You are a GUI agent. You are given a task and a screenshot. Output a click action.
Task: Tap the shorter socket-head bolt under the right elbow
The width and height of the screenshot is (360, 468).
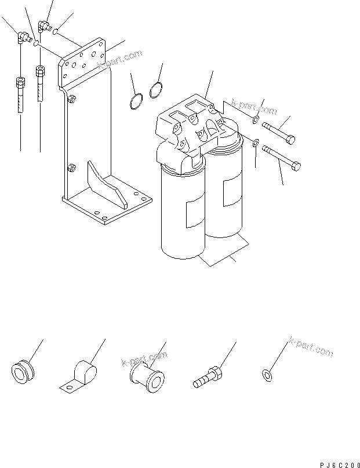click(x=40, y=83)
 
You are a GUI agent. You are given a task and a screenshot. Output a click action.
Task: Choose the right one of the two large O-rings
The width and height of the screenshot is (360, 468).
click(x=155, y=90)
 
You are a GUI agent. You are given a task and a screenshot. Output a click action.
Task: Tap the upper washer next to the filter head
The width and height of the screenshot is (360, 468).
click(x=256, y=120)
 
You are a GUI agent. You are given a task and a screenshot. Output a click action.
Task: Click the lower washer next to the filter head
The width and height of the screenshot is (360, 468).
click(x=255, y=142)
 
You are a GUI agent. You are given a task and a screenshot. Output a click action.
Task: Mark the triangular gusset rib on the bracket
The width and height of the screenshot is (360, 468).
click(x=107, y=184)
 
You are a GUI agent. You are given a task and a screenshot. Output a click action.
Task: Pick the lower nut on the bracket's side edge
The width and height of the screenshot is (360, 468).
click(x=71, y=168)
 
